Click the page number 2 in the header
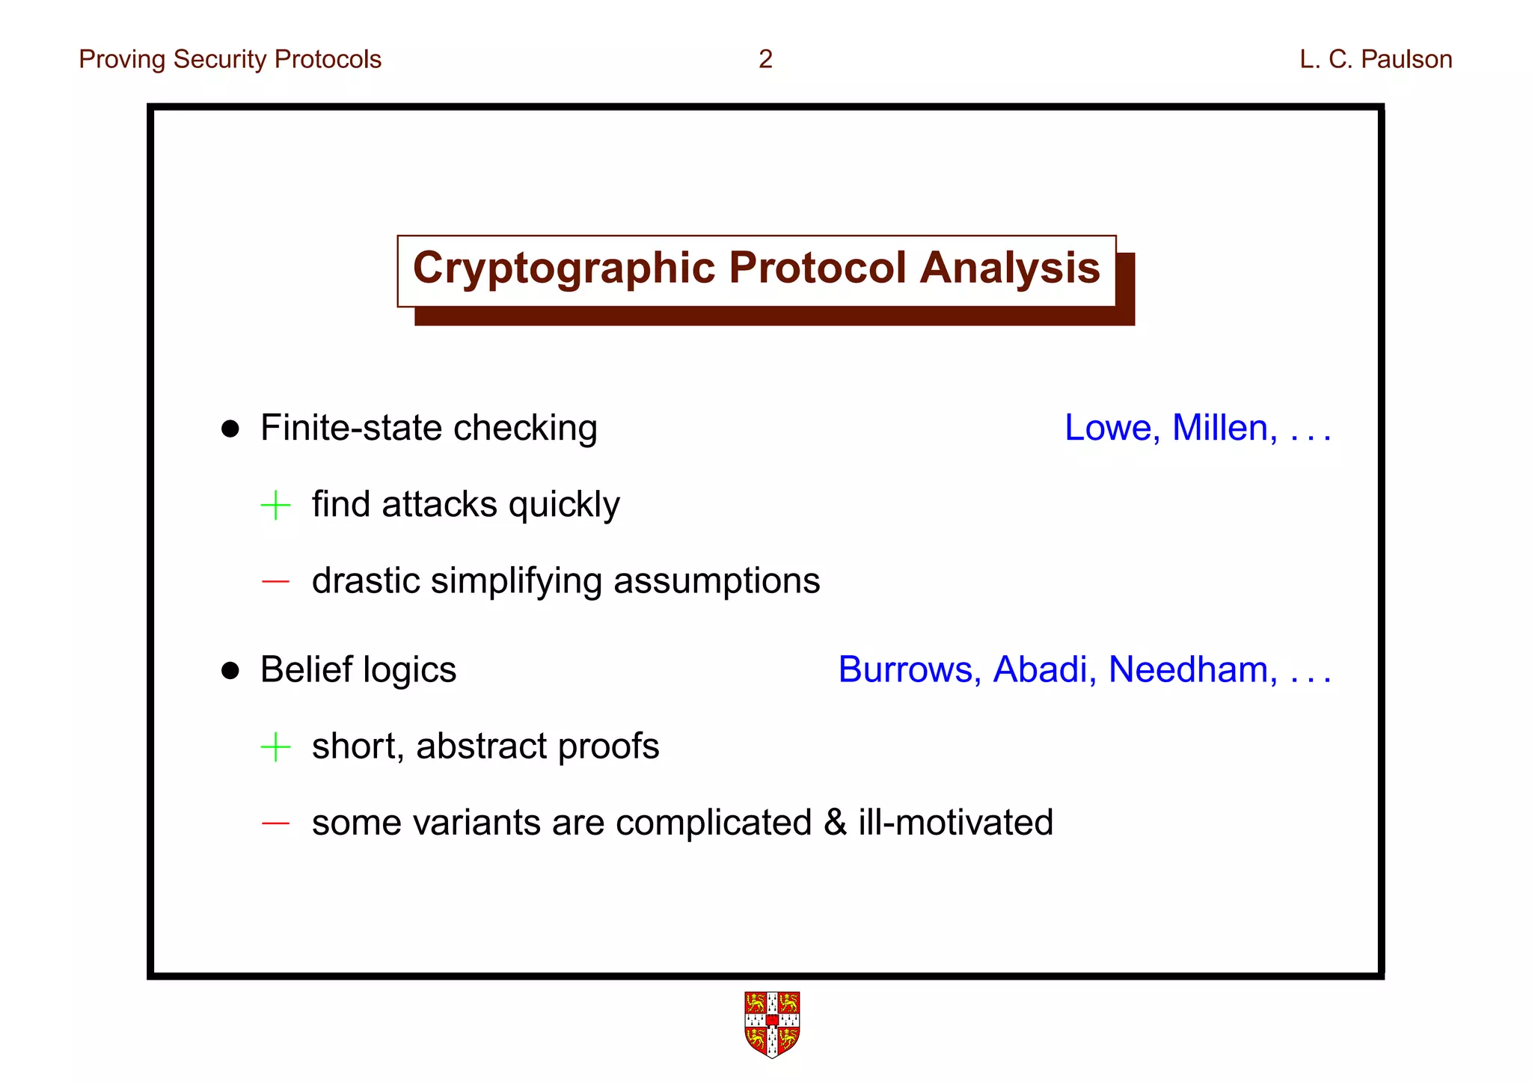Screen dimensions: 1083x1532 point(765,59)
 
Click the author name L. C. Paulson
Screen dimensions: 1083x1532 point(1375,59)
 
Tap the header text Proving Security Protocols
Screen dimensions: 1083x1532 point(230,59)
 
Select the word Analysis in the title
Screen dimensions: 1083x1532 point(1009,268)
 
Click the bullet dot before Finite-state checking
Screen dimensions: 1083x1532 point(230,429)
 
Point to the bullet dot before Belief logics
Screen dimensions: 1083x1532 point(230,671)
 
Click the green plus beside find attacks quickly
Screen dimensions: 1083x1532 point(275,506)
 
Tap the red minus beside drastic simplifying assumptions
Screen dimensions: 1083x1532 point(275,581)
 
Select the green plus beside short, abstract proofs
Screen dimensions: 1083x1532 point(275,747)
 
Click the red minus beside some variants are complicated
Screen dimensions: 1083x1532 point(275,823)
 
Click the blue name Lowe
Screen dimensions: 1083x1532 point(1112,428)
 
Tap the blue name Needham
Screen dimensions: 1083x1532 point(1192,669)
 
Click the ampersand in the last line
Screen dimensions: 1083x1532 point(835,823)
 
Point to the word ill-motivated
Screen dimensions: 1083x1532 point(955,823)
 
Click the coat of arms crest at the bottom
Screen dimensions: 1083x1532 point(772,1024)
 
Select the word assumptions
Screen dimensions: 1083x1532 point(716,581)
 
